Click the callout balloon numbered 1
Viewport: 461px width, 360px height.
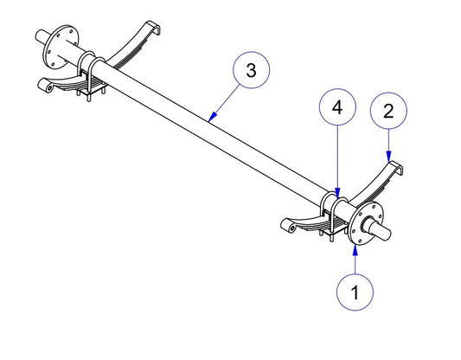tap(355, 292)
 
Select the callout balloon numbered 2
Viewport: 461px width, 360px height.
tap(388, 111)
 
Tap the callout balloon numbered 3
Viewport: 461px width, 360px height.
tap(251, 70)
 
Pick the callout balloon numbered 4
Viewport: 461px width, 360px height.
tap(337, 107)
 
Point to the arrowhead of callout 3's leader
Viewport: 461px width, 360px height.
tap(212, 118)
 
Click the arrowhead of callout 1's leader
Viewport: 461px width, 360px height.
tap(355, 249)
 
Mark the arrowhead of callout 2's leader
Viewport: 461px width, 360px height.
tap(388, 157)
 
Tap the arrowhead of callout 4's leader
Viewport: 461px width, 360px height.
tap(337, 192)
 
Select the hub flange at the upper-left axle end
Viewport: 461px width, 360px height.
tap(61, 47)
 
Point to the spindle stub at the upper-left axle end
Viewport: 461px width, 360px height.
tap(42, 35)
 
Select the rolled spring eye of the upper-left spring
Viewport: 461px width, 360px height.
tap(46, 86)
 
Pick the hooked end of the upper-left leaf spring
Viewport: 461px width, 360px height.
tap(153, 28)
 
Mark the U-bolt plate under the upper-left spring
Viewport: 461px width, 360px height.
tap(92, 89)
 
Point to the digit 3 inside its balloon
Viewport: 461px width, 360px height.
tap(251, 70)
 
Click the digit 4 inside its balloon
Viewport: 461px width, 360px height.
tap(337, 107)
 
